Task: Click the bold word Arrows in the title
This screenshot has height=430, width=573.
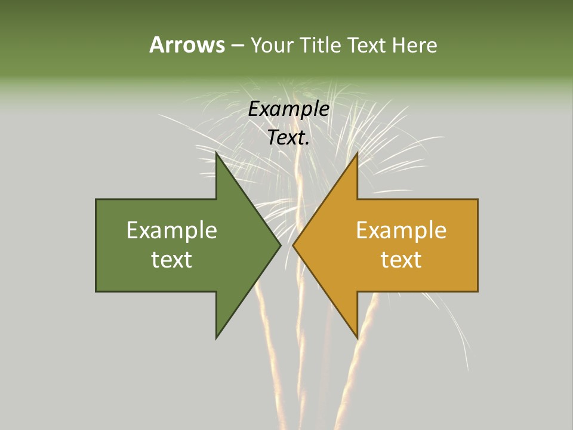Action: coord(187,45)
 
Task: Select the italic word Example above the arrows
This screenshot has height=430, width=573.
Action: coord(289,109)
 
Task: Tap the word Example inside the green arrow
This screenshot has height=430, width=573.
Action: coord(172,231)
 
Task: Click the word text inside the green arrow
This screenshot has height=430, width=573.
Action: coord(172,260)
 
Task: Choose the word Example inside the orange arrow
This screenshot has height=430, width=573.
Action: coord(401,231)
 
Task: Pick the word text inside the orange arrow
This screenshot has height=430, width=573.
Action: coord(401,260)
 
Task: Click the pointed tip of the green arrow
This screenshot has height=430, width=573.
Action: coord(280,245)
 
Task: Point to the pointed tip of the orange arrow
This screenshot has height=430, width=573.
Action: coord(293,245)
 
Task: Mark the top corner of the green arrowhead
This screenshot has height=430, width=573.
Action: coord(217,153)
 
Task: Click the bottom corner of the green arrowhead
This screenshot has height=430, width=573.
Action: coord(217,337)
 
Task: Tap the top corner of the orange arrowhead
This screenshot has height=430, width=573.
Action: coord(357,153)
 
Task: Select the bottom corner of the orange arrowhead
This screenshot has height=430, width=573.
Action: coord(357,337)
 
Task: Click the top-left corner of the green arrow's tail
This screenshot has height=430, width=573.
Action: coord(96,199)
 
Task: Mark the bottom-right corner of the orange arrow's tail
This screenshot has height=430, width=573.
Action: coord(478,291)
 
